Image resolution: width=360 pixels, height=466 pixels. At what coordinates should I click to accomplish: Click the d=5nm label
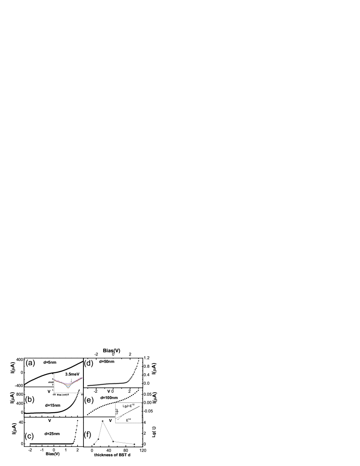(x=50, y=362)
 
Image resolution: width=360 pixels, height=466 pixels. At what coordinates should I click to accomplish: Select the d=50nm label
(x=107, y=361)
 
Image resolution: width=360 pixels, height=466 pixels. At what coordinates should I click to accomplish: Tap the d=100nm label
(x=109, y=398)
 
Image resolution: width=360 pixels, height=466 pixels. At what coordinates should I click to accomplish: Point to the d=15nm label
(x=53, y=405)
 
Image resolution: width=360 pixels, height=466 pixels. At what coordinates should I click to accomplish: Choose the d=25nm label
(x=52, y=433)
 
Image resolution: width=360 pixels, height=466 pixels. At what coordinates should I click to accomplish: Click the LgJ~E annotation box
(x=128, y=406)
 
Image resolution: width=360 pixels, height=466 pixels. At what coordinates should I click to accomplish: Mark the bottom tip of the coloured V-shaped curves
(x=68, y=387)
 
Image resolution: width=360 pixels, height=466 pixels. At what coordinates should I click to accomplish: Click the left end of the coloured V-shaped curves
(x=54, y=380)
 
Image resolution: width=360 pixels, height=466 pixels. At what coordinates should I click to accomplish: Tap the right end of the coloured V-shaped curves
(x=82, y=377)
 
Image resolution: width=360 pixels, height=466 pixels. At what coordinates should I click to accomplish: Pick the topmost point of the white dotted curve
(x=138, y=361)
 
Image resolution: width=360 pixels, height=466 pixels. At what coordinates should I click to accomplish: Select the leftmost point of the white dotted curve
(x=87, y=385)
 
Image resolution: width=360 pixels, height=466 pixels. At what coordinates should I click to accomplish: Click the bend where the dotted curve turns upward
(x=127, y=382)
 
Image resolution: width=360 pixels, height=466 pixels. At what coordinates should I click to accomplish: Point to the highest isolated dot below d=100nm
(x=102, y=421)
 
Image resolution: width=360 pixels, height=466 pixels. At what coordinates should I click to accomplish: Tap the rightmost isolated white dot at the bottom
(x=134, y=444)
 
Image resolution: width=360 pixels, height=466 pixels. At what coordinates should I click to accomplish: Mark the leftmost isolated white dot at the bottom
(x=94, y=444)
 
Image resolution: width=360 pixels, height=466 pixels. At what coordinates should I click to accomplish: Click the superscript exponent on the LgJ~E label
(x=133, y=405)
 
